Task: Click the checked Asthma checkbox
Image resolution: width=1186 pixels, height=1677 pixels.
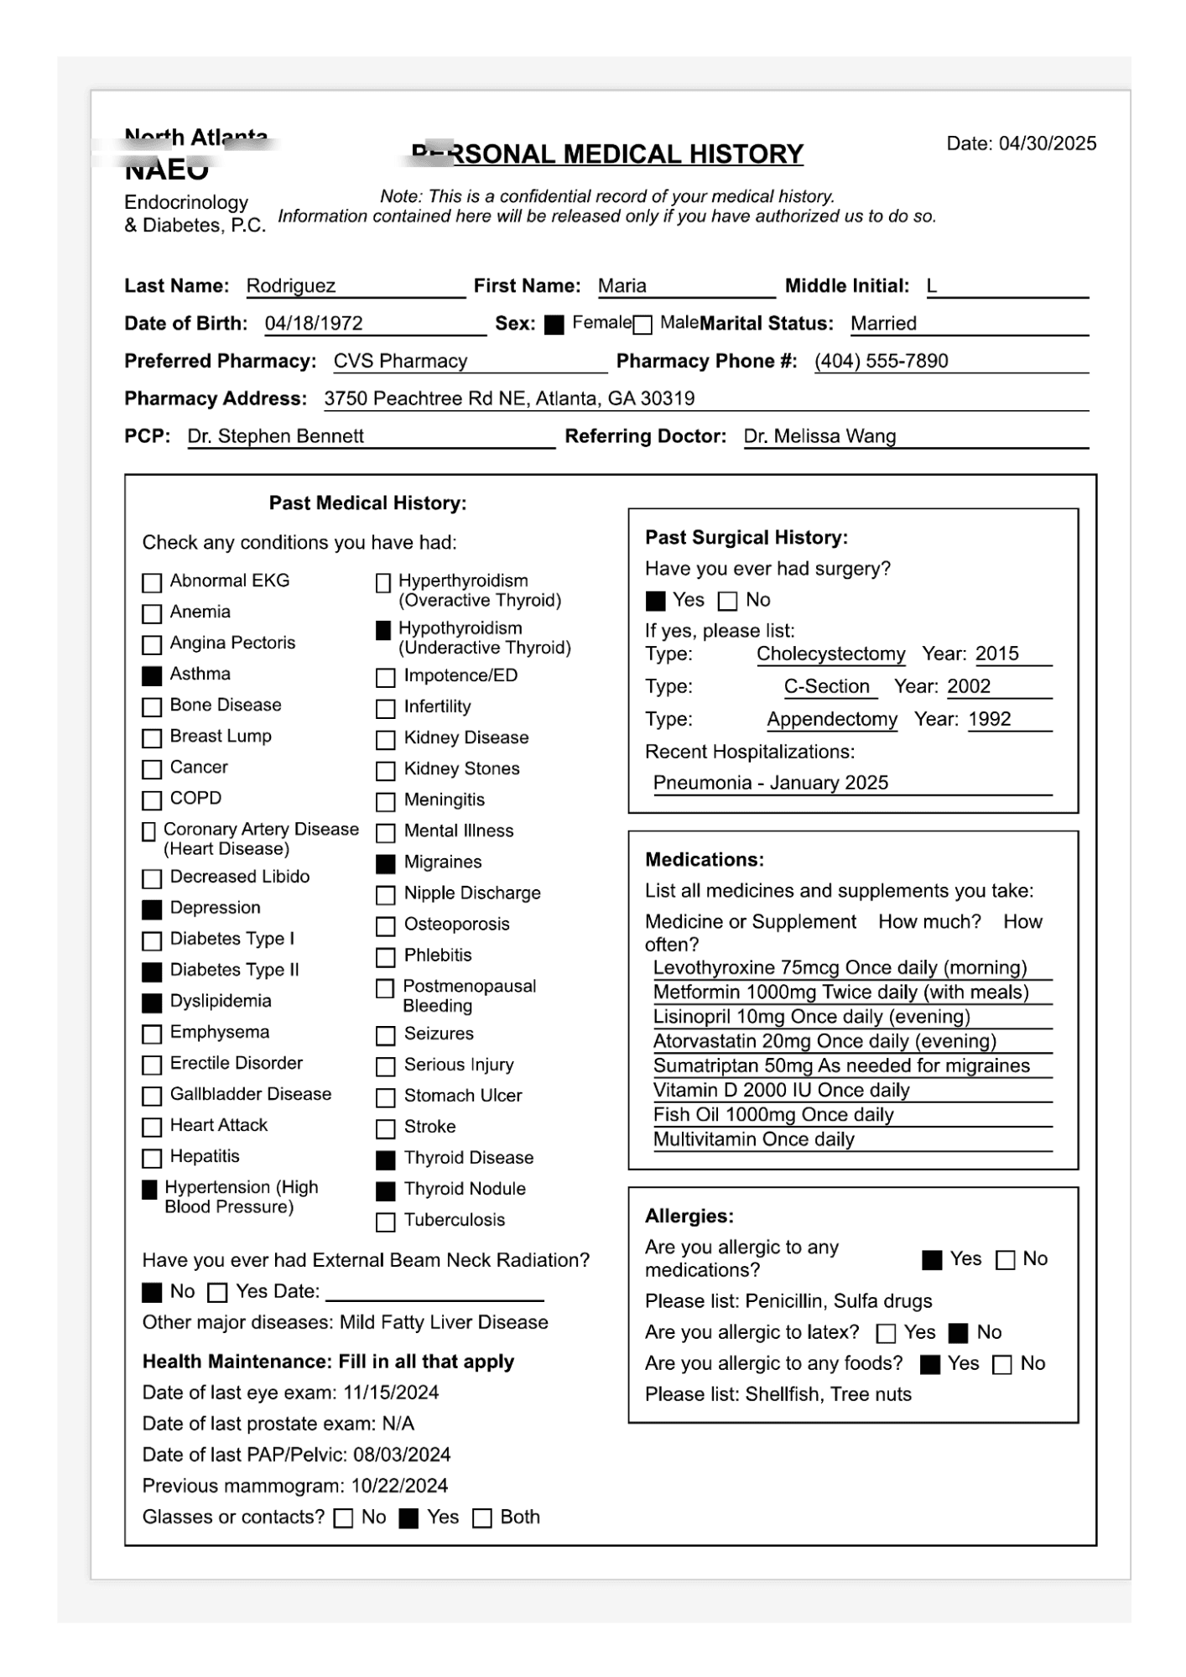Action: [152, 675]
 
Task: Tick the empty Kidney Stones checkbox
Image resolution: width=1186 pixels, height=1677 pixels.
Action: [386, 770]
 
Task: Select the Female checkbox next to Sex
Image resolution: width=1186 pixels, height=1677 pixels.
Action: [554, 325]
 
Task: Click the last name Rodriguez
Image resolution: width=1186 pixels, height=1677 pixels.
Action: [291, 286]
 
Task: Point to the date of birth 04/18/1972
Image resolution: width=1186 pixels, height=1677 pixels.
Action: [314, 324]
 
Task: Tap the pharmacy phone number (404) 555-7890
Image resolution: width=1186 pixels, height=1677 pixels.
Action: [881, 362]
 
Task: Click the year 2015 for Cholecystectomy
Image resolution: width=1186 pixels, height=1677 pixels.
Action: [997, 654]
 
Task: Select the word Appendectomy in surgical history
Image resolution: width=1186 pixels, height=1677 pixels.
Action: [831, 720]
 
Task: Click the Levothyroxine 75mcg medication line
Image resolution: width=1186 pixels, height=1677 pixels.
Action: [840, 968]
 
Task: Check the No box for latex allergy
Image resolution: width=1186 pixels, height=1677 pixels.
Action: [959, 1333]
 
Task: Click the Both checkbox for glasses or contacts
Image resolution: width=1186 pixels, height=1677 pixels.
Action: [482, 1518]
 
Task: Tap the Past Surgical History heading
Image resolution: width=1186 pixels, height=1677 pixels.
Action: [746, 538]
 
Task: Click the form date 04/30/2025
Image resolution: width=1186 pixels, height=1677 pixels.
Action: [1047, 143]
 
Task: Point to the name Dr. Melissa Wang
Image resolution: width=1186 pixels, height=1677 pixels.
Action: [819, 436]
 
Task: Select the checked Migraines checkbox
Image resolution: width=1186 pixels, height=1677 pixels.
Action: [386, 863]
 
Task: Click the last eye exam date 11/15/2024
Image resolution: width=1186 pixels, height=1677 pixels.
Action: [391, 1393]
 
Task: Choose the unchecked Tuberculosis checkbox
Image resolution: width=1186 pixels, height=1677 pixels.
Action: [386, 1221]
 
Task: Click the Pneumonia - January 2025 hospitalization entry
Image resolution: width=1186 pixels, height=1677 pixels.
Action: [770, 783]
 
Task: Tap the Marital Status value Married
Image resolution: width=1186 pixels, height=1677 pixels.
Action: [883, 324]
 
